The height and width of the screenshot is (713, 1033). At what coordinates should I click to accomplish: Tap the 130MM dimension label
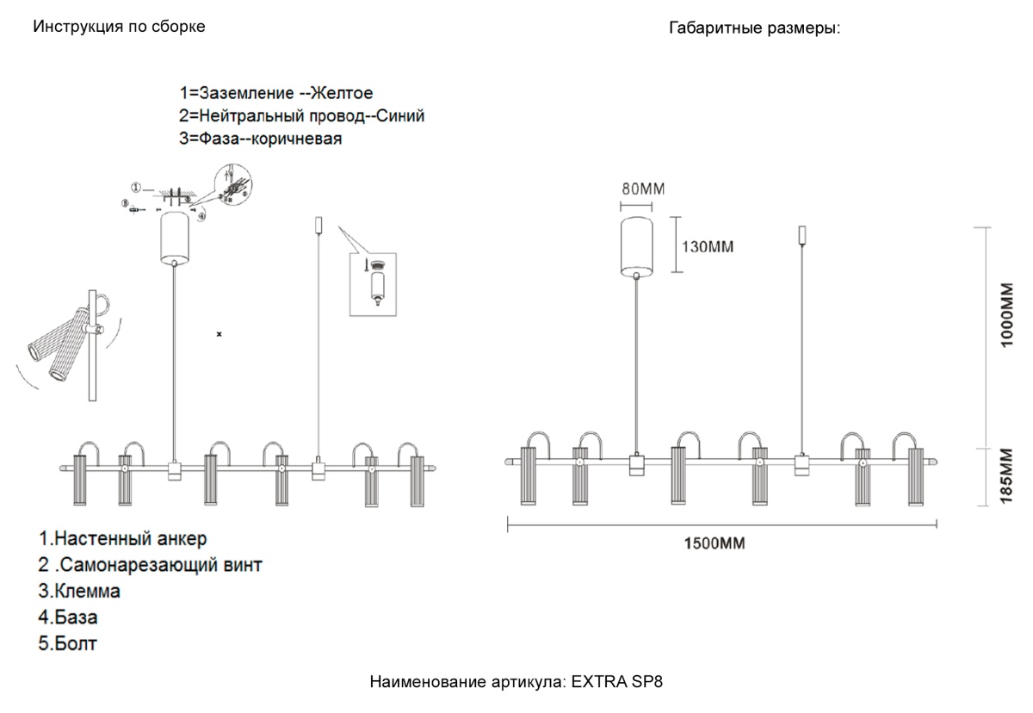(x=708, y=247)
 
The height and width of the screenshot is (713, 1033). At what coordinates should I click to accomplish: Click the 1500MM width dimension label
(x=714, y=543)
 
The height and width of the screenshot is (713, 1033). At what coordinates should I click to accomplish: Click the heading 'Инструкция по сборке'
(x=119, y=27)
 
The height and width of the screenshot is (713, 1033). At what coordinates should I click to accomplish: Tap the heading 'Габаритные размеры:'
(x=754, y=28)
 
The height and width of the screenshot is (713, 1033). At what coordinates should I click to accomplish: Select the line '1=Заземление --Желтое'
(x=275, y=93)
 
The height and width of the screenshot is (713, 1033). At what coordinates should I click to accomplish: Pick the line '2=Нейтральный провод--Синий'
(x=301, y=115)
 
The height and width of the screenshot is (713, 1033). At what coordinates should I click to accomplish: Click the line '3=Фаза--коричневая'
(x=261, y=139)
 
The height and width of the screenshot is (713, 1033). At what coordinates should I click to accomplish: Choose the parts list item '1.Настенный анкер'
(x=122, y=540)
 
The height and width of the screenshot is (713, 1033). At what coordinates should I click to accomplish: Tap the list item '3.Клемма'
(x=79, y=592)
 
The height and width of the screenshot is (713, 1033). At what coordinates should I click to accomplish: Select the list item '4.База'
(x=68, y=617)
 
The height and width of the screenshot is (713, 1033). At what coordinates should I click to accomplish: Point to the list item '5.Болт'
(x=68, y=643)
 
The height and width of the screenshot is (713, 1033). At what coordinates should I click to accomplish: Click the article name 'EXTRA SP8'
(x=617, y=682)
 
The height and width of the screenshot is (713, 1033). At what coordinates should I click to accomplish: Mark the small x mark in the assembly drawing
(x=219, y=332)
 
